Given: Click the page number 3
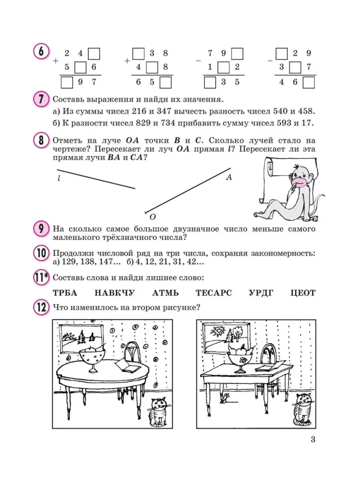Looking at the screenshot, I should (x=312, y=439).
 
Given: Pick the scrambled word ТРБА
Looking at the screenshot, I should (x=64, y=292).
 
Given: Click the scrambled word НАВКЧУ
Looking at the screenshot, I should (x=115, y=292).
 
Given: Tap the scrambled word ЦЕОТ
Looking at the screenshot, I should (x=303, y=292).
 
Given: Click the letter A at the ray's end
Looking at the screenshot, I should (x=229, y=177).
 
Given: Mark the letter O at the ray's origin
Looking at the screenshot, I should (x=152, y=216).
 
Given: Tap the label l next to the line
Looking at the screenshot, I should (x=58, y=178).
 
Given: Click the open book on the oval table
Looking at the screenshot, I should (x=126, y=367).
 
